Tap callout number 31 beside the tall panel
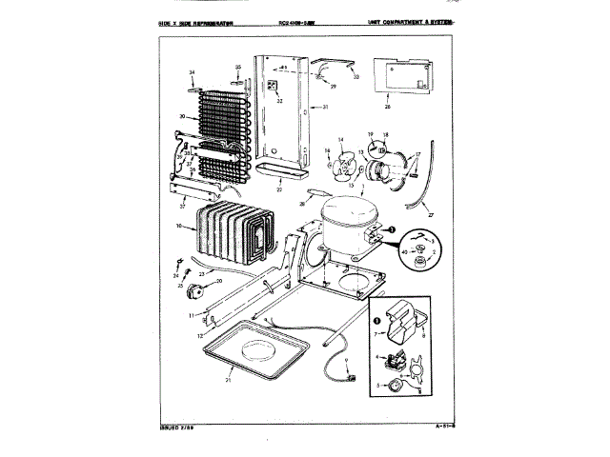(x=324, y=108)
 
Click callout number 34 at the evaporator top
(x=192, y=73)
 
